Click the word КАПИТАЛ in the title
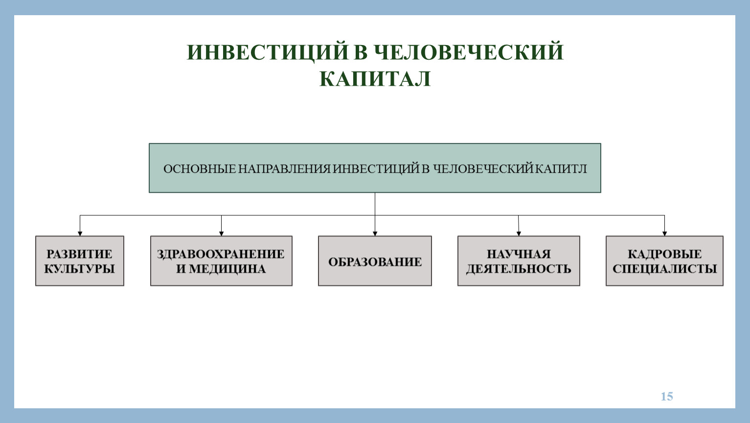click(x=375, y=79)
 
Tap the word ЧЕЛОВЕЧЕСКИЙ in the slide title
click(x=468, y=52)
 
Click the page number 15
click(x=667, y=396)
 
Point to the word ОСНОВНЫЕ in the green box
click(x=200, y=168)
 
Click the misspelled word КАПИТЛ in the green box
click(x=561, y=168)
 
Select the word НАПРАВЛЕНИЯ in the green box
click(x=284, y=168)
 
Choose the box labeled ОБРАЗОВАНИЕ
click(x=375, y=261)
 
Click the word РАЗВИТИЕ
click(x=79, y=254)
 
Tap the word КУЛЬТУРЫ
click(x=79, y=269)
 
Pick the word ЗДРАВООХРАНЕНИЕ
click(x=221, y=254)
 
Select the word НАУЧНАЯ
click(x=519, y=254)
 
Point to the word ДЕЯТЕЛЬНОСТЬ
click(x=519, y=269)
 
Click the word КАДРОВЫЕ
click(x=664, y=254)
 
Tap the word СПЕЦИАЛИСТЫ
click(x=664, y=269)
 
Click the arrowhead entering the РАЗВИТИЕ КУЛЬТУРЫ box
click(x=80, y=234)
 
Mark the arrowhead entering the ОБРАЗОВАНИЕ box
click(x=375, y=234)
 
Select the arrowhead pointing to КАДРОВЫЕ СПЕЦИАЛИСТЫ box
click(x=664, y=234)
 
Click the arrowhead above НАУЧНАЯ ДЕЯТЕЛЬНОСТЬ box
click(x=519, y=234)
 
